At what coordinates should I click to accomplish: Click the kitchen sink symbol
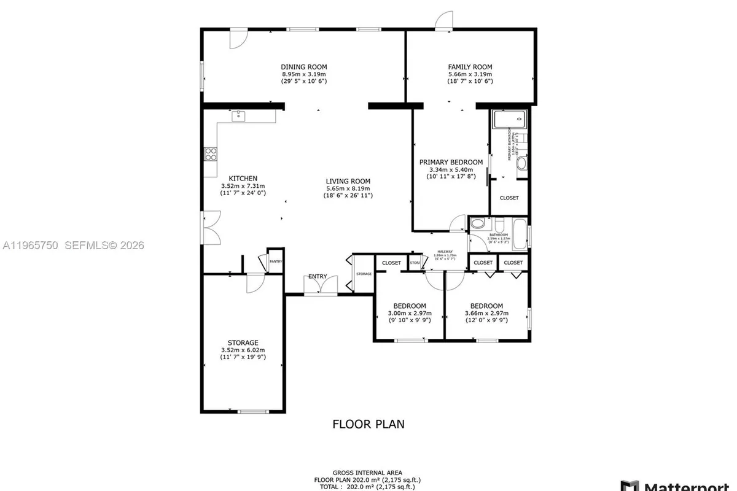click(x=238, y=116)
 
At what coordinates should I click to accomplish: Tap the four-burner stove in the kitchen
click(x=211, y=154)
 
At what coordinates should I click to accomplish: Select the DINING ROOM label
click(x=304, y=67)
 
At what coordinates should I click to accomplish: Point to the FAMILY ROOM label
click(x=470, y=67)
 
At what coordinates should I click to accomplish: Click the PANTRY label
click(x=275, y=261)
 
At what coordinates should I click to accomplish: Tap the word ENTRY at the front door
click(x=318, y=276)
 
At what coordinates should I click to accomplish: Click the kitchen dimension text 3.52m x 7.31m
click(x=243, y=186)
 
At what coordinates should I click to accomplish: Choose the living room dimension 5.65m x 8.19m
click(x=348, y=188)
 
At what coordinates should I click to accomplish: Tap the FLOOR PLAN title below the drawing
click(x=368, y=423)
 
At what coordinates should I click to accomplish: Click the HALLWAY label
click(x=445, y=252)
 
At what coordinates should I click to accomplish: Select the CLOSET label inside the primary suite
click(x=509, y=198)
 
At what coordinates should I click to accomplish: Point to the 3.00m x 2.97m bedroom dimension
click(x=410, y=313)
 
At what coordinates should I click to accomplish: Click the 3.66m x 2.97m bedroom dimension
click(x=486, y=313)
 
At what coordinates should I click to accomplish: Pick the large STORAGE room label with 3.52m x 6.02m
click(x=243, y=342)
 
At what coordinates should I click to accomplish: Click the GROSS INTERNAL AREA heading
click(x=368, y=473)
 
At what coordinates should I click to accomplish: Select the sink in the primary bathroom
click(x=522, y=163)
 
